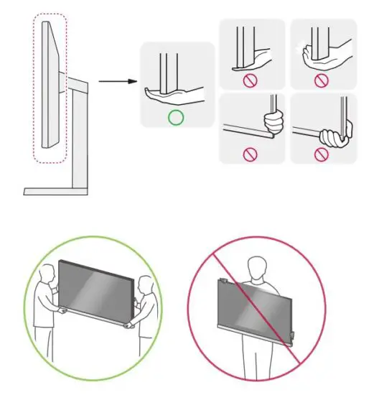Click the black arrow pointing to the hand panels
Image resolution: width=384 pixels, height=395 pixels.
click(x=115, y=80)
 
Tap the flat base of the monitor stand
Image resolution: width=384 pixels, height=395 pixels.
click(x=56, y=191)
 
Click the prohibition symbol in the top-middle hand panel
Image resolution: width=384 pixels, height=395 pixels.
click(x=250, y=80)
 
